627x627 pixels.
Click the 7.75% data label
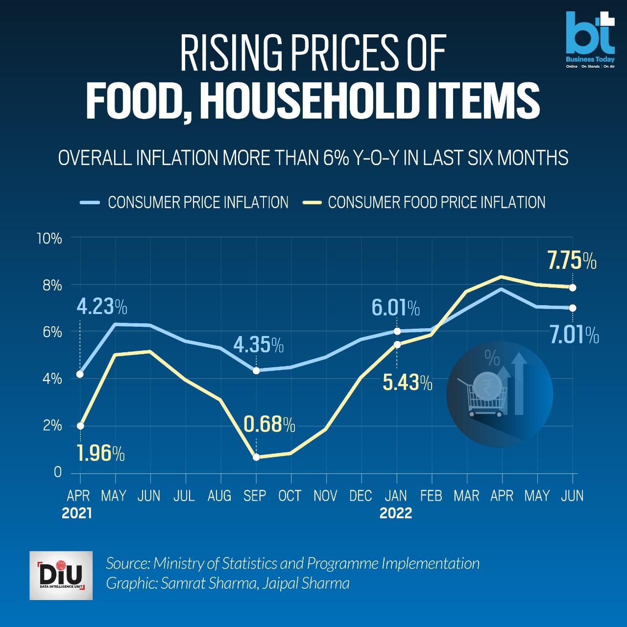click(572, 261)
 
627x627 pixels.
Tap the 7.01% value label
click(574, 336)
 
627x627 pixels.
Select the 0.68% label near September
click(269, 424)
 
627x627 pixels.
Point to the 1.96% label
click(100, 454)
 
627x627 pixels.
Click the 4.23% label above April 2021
click(102, 307)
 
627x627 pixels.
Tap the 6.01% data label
click(395, 309)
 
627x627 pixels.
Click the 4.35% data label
click(259, 345)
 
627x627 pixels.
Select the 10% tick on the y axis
click(49, 239)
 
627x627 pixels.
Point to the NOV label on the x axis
click(325, 496)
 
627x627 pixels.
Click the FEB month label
click(431, 496)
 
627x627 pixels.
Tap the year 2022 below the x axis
click(396, 513)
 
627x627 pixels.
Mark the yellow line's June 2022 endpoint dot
click(572, 288)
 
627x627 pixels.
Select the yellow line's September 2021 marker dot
click(256, 457)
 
